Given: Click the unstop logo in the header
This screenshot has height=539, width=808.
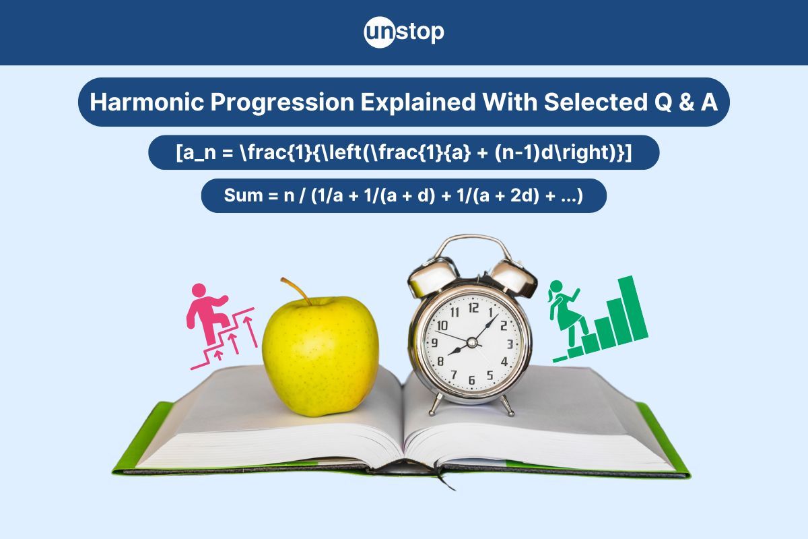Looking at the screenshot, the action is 404,32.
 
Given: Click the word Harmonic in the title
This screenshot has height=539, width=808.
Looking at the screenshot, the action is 147,102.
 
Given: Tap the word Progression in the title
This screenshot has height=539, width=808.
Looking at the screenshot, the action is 282,102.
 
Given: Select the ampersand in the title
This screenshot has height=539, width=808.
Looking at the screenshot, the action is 685,102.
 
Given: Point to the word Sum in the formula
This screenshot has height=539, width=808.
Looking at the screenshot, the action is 243,195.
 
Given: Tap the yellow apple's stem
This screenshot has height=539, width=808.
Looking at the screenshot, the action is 296,290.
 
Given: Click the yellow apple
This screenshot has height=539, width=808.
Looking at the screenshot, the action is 321,355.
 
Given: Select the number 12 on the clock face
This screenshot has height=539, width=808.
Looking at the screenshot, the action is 473,308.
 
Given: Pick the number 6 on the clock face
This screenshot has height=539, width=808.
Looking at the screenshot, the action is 471,380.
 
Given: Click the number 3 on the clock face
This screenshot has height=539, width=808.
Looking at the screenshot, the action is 510,344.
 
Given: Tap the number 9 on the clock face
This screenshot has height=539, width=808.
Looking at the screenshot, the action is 435,342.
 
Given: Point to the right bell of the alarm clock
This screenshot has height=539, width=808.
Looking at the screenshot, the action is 514,278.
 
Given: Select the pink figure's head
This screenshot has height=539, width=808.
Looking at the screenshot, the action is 199,290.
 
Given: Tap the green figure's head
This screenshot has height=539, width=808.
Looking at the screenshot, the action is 556,287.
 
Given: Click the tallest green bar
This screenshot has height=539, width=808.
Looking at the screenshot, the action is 633,309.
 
